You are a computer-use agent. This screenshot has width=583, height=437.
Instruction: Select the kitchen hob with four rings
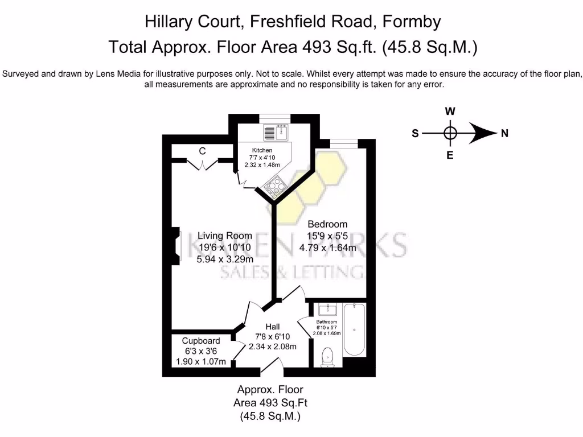[x=273, y=186]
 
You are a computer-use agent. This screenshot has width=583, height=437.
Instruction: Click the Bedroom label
[x=327, y=224]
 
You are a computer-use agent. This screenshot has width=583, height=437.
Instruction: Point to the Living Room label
[x=224, y=236]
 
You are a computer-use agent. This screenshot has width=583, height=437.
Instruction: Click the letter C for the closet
[x=202, y=151]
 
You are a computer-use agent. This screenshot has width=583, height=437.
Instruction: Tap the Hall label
[x=273, y=327]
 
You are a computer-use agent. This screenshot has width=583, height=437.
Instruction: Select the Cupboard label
[x=201, y=341]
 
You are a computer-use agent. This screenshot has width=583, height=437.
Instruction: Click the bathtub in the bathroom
[x=354, y=330]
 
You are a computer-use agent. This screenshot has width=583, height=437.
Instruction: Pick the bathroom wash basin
[x=325, y=310]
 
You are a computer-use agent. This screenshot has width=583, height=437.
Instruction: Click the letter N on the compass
[x=504, y=134]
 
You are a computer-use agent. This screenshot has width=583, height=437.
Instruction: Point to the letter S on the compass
[x=415, y=134]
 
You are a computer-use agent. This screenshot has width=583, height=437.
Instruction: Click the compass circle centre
[x=450, y=134]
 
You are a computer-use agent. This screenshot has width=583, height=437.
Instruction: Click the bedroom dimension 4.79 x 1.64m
[x=327, y=248]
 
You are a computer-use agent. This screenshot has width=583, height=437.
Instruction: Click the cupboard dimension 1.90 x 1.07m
[x=201, y=362]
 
